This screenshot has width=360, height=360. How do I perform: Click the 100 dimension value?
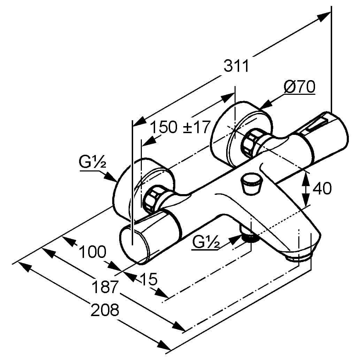tap(92, 252)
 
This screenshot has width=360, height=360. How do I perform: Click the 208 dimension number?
tap(105, 309)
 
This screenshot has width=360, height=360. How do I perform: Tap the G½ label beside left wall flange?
tap(92, 163)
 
